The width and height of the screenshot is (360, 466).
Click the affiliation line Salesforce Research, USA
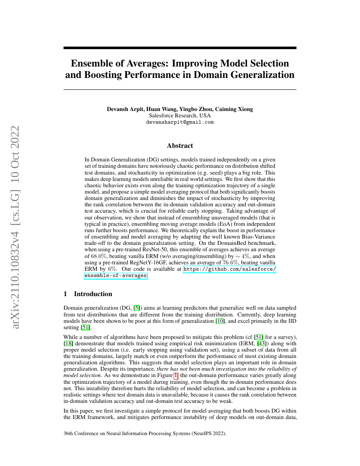pos(180,115)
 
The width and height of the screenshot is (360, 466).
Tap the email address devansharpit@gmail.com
pos(180,122)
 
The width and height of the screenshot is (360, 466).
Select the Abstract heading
pos(180,146)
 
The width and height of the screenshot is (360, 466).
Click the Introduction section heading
pos(93,294)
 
